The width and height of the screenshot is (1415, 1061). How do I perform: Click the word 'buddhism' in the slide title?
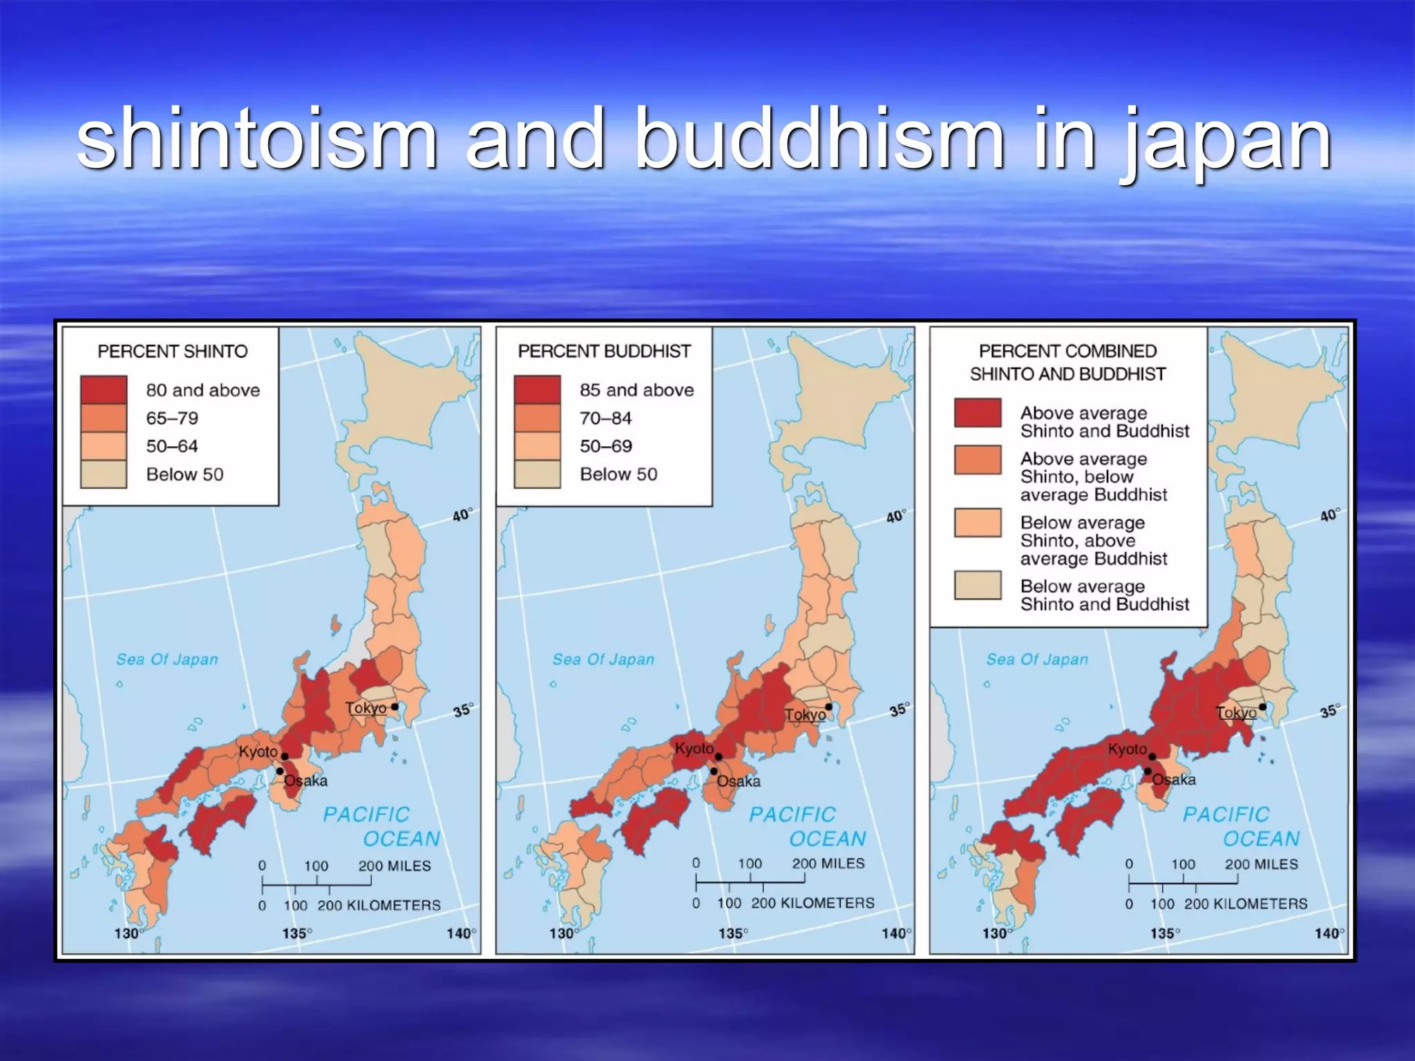pyautogui.click(x=819, y=138)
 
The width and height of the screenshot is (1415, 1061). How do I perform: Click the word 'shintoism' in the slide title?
pyautogui.click(x=257, y=138)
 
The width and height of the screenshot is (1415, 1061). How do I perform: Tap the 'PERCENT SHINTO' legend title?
pyautogui.click(x=172, y=352)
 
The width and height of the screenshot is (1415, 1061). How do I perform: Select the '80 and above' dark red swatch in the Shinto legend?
pyautogui.click(x=104, y=390)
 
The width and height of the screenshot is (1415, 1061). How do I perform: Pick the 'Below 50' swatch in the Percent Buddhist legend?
pyautogui.click(x=537, y=475)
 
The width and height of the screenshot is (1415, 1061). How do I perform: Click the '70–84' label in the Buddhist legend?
pyautogui.click(x=605, y=418)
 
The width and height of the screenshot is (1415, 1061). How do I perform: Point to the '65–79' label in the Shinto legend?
pyautogui.click(x=172, y=418)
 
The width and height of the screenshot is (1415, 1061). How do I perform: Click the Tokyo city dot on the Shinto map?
pyautogui.click(x=395, y=707)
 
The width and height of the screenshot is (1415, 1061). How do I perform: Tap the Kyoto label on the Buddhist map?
pyautogui.click(x=694, y=749)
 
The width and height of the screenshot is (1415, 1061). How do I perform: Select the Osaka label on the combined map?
pyautogui.click(x=1174, y=780)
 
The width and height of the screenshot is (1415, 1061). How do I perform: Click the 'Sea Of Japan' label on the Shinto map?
pyautogui.click(x=167, y=660)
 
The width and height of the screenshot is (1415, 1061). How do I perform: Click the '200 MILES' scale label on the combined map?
pyautogui.click(x=1261, y=864)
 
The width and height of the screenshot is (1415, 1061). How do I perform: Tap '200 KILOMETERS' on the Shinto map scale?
pyautogui.click(x=379, y=906)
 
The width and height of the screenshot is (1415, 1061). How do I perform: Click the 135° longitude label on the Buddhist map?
pyautogui.click(x=733, y=934)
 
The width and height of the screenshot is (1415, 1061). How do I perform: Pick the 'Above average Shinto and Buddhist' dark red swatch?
pyautogui.click(x=977, y=413)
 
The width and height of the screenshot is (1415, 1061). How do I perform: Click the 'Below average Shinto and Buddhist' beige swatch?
pyautogui.click(x=977, y=585)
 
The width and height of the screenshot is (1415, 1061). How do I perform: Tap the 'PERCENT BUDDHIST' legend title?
pyautogui.click(x=604, y=352)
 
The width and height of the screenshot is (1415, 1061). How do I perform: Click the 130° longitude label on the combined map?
pyautogui.click(x=995, y=934)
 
